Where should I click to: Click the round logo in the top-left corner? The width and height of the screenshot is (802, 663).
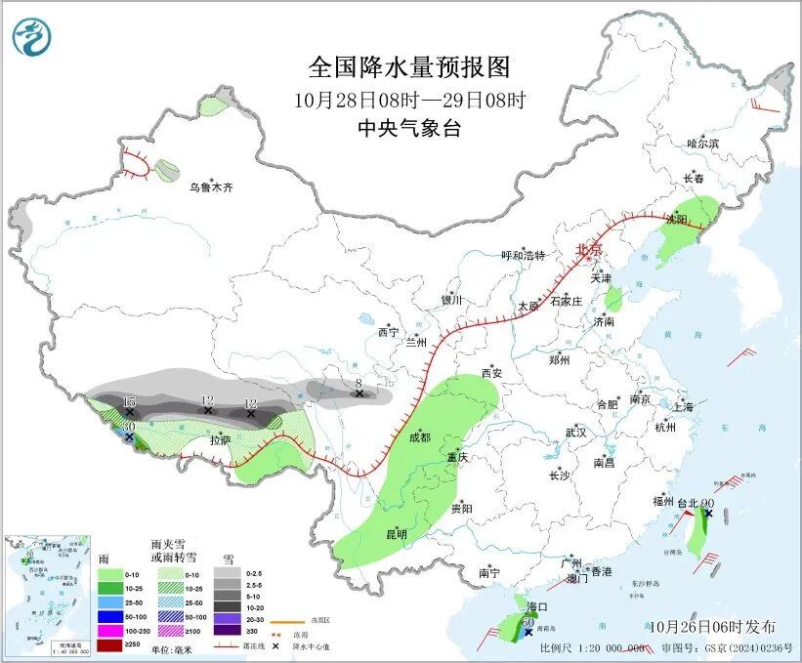[31, 37]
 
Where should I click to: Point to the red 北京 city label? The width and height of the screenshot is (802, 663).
[588, 250]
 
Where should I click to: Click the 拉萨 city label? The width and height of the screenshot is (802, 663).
[222, 440]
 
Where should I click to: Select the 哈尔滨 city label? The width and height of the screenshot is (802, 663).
[701, 144]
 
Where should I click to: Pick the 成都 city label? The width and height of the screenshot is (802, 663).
[420, 436]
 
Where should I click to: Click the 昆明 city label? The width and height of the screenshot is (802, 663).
[396, 534]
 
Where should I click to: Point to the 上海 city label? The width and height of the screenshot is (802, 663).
[682, 406]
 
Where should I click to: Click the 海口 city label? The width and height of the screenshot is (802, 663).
[535, 607]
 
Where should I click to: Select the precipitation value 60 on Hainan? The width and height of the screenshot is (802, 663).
[528, 621]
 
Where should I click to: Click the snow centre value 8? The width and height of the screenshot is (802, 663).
[359, 383]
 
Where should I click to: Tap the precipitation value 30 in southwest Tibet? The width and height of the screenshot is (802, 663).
[128, 427]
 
